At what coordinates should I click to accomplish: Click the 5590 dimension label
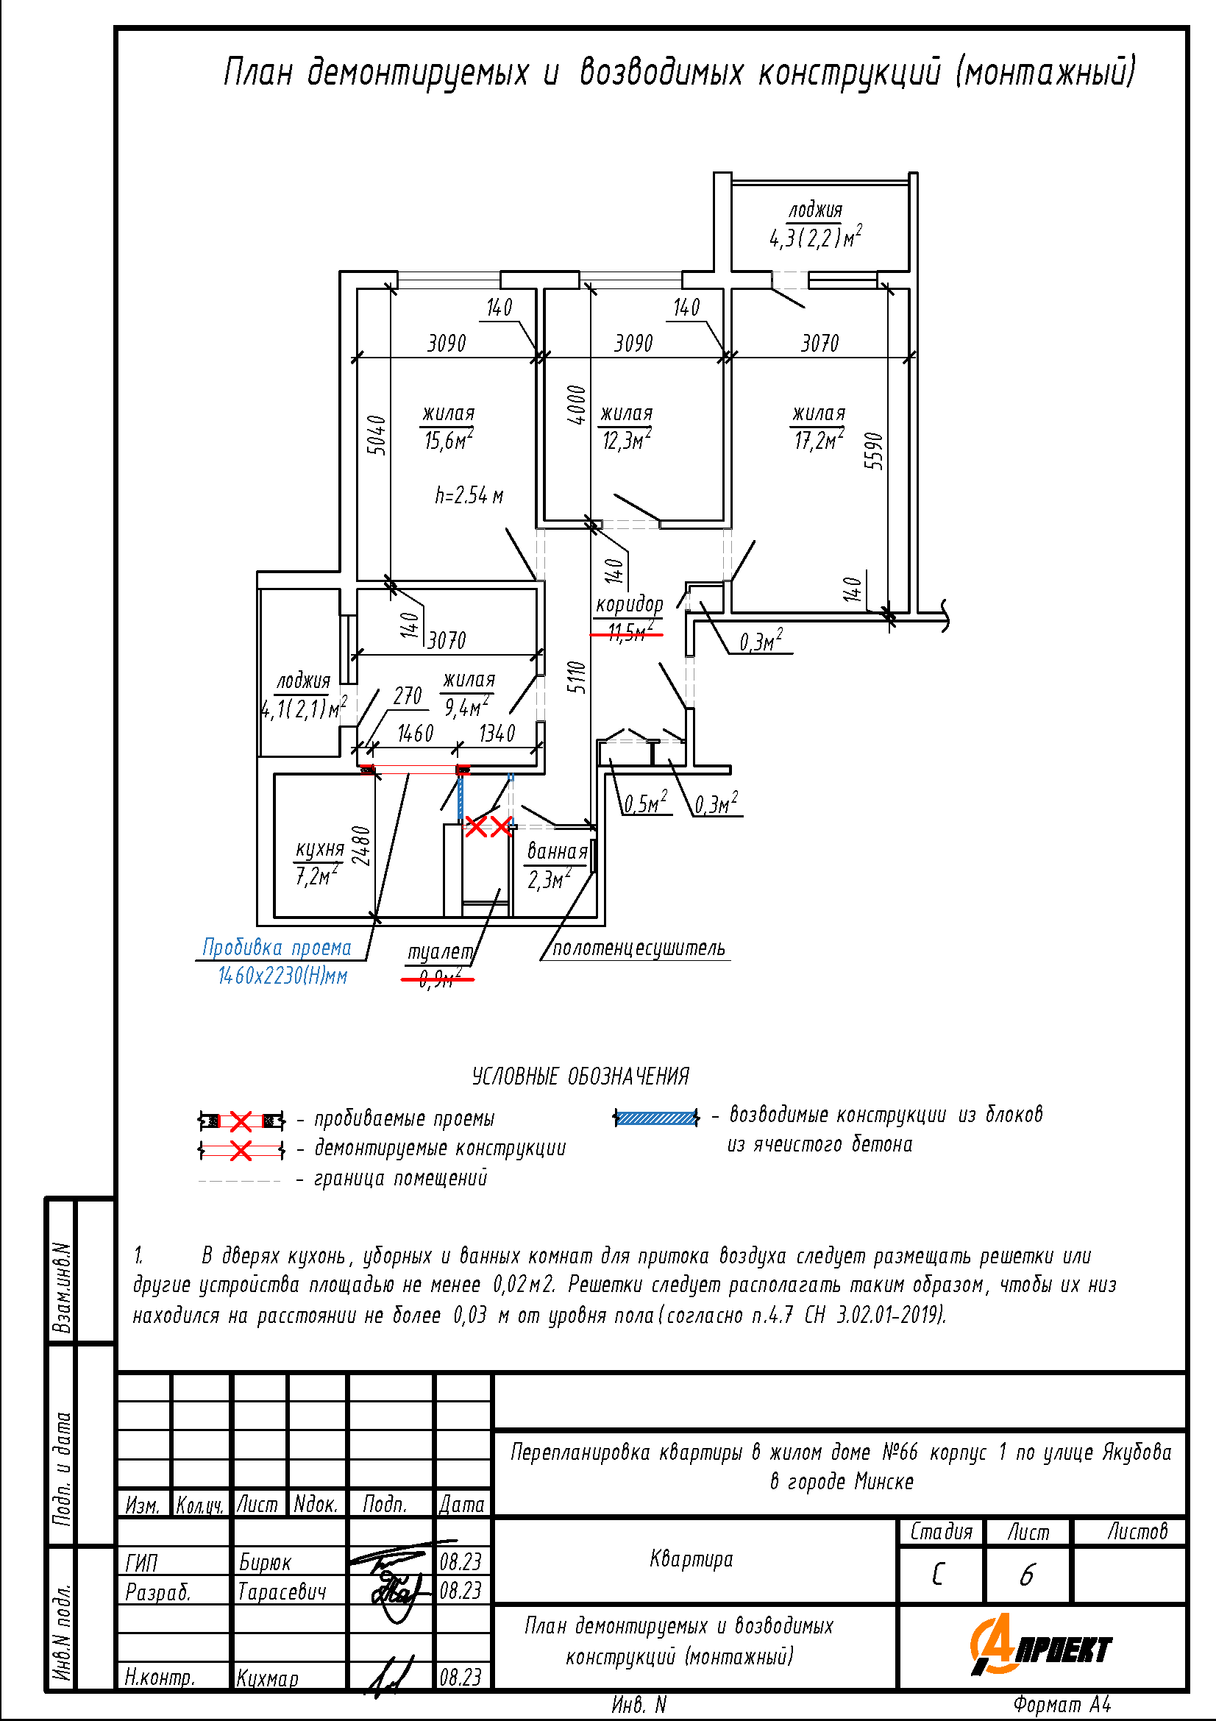coord(874,450)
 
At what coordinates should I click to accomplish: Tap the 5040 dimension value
coord(377,435)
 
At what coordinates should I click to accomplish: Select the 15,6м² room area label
coord(448,440)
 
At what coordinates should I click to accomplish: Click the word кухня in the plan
coord(320,848)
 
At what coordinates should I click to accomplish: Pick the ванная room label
coord(558,851)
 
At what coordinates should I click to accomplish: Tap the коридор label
coord(630,605)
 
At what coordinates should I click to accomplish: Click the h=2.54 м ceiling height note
coord(469,495)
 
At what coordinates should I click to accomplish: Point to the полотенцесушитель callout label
coord(639,948)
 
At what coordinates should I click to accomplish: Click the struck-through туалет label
coord(440,953)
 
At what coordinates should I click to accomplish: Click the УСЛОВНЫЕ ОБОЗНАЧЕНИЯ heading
coord(580,1076)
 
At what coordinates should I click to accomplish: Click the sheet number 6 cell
coord(1027,1575)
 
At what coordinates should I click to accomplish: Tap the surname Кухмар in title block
coord(268,1678)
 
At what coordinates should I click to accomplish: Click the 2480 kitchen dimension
coord(361,845)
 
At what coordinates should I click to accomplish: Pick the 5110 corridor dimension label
coord(575,678)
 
